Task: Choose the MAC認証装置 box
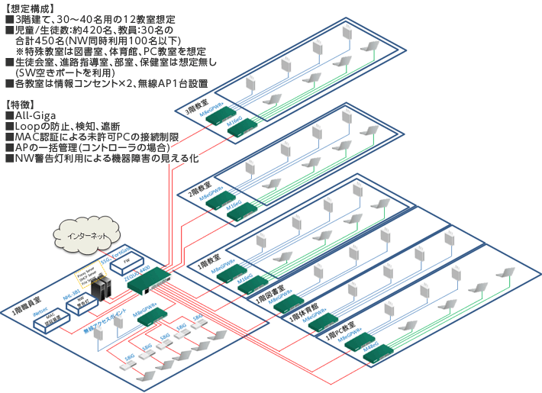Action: (53, 320)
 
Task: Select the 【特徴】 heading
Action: (20, 103)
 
